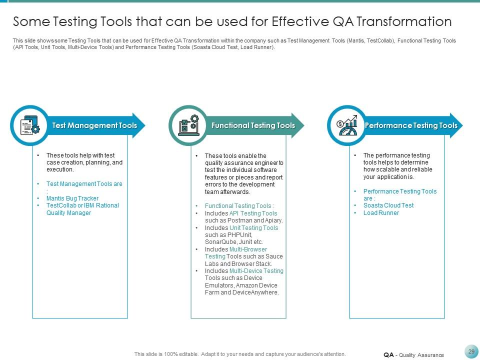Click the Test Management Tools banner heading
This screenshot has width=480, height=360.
[x=94, y=125]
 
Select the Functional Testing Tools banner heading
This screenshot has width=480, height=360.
[x=253, y=125]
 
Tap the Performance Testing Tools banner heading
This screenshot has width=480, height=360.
[x=411, y=125]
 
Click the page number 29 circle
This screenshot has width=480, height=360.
[x=471, y=352]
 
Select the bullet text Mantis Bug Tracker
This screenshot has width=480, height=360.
[x=72, y=198]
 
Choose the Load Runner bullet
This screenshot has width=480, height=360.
[x=381, y=213]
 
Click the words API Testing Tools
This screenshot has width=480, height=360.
[x=253, y=213]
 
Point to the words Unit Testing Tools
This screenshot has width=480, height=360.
[x=253, y=228]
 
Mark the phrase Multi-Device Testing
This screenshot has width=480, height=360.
[x=256, y=271]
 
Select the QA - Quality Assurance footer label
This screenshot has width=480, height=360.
[x=413, y=355]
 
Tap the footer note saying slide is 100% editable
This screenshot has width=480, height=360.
[x=240, y=354]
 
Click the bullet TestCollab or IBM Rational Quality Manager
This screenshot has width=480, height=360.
[x=82, y=209]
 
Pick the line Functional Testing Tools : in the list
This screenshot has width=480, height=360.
[x=239, y=206]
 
